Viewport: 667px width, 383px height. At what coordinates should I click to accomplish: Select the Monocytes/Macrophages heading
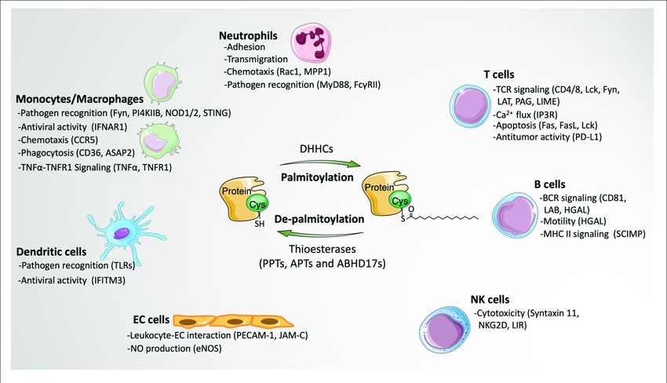pos(78,100)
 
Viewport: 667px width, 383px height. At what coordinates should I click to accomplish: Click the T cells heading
pos(499,75)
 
